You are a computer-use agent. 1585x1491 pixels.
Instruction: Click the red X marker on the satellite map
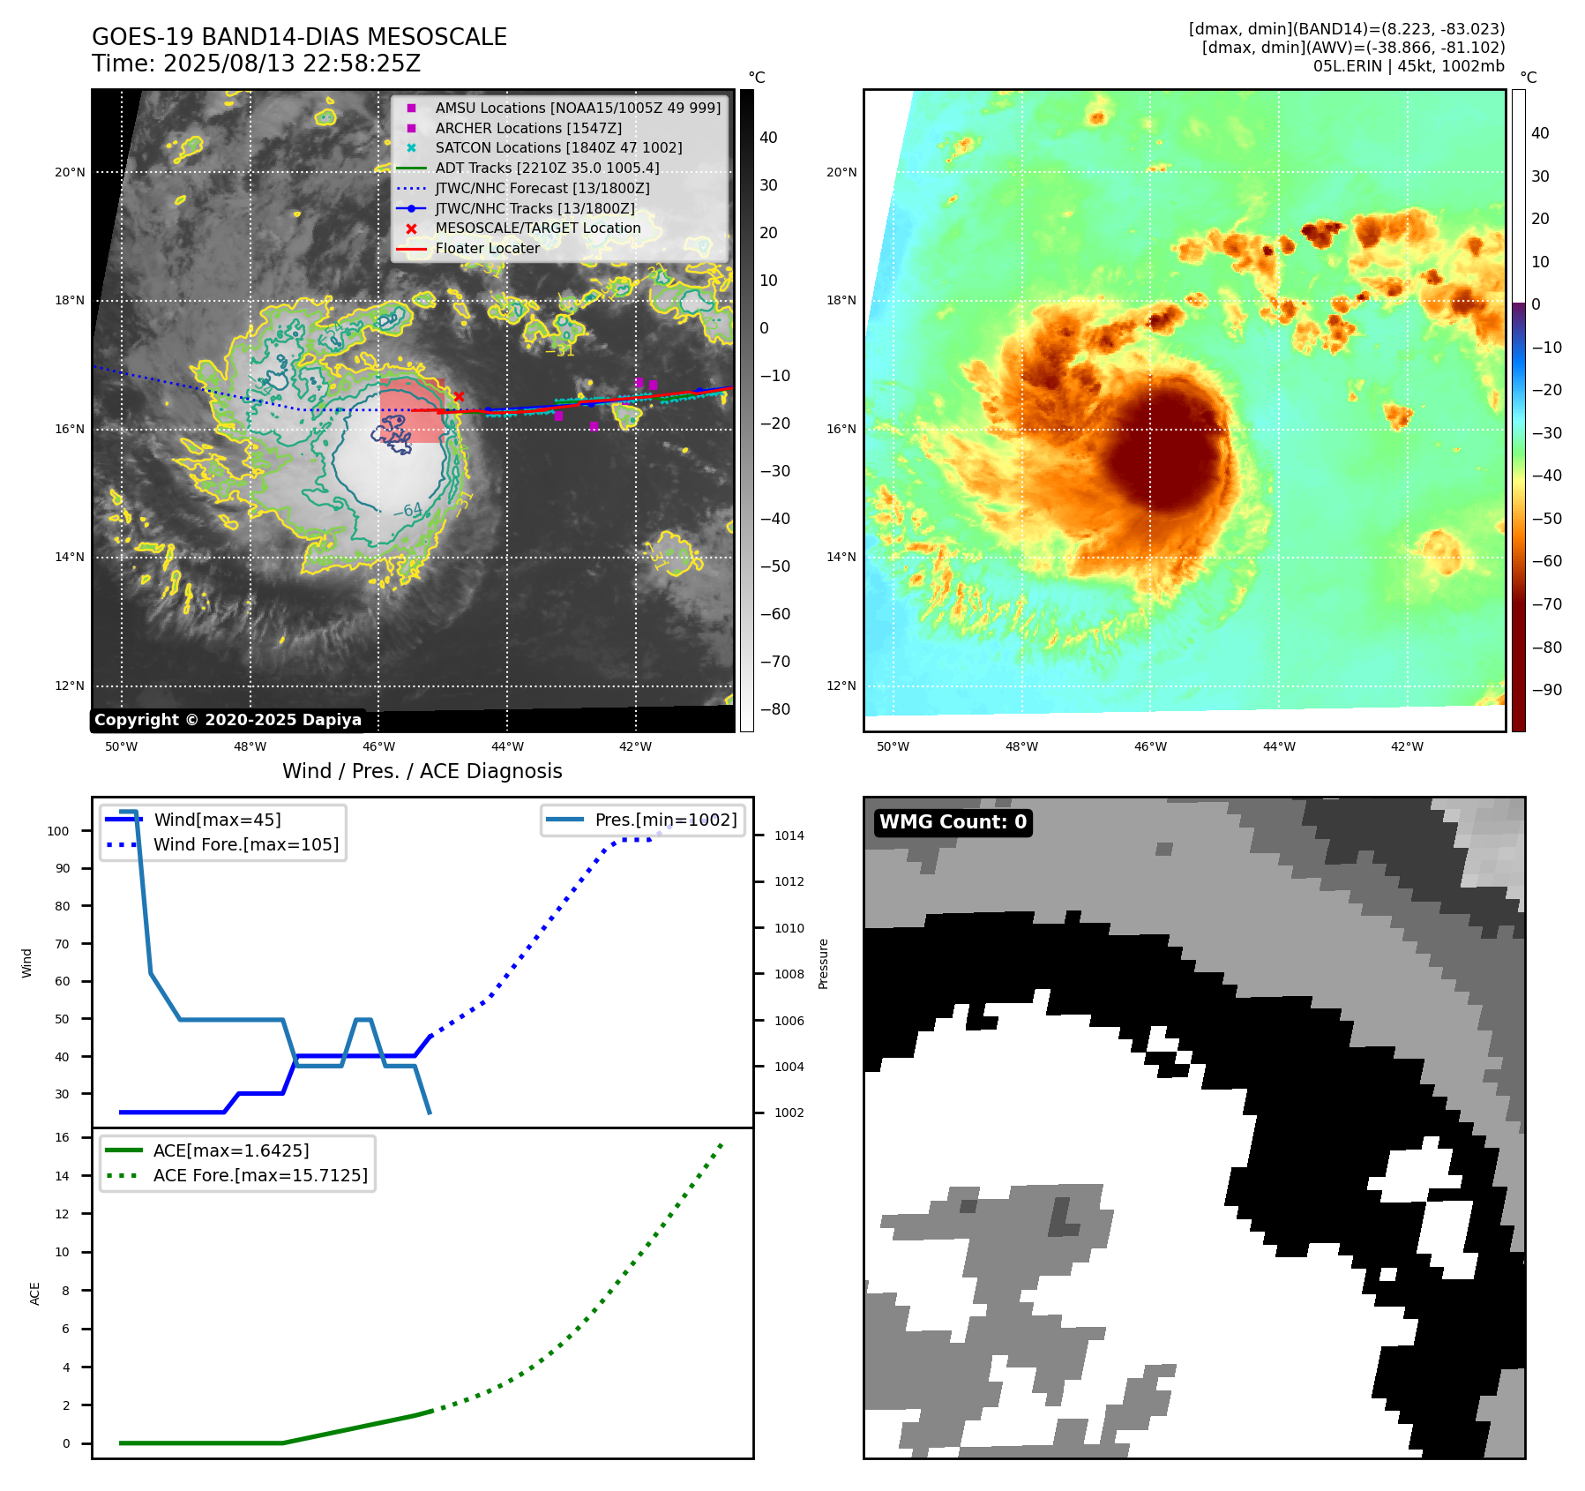(459, 396)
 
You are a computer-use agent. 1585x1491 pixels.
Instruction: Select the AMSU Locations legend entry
(577, 108)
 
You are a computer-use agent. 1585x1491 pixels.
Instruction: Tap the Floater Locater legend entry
(487, 249)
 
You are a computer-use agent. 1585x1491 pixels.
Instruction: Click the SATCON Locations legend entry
(558, 148)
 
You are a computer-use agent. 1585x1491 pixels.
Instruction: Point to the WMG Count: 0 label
(953, 822)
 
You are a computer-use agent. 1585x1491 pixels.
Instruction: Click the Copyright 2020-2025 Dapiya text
(228, 720)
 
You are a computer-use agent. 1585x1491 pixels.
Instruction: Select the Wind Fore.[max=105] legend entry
(245, 844)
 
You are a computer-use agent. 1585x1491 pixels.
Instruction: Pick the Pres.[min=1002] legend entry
(665, 820)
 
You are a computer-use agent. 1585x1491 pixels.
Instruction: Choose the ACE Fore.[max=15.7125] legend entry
(260, 1175)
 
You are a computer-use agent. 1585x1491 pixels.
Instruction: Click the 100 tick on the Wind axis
(58, 831)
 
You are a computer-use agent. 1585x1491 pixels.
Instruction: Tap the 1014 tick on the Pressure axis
(789, 835)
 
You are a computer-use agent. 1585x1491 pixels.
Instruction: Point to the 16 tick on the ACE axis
(63, 1137)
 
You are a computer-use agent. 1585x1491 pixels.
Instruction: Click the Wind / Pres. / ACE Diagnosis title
(422, 771)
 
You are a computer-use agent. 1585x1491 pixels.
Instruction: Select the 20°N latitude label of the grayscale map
(70, 172)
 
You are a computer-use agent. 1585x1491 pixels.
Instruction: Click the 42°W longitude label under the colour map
(1407, 746)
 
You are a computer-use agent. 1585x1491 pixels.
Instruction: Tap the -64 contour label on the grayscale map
(407, 510)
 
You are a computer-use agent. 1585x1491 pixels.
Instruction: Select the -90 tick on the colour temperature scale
(1546, 690)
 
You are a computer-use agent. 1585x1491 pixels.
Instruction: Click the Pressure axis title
(823, 963)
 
